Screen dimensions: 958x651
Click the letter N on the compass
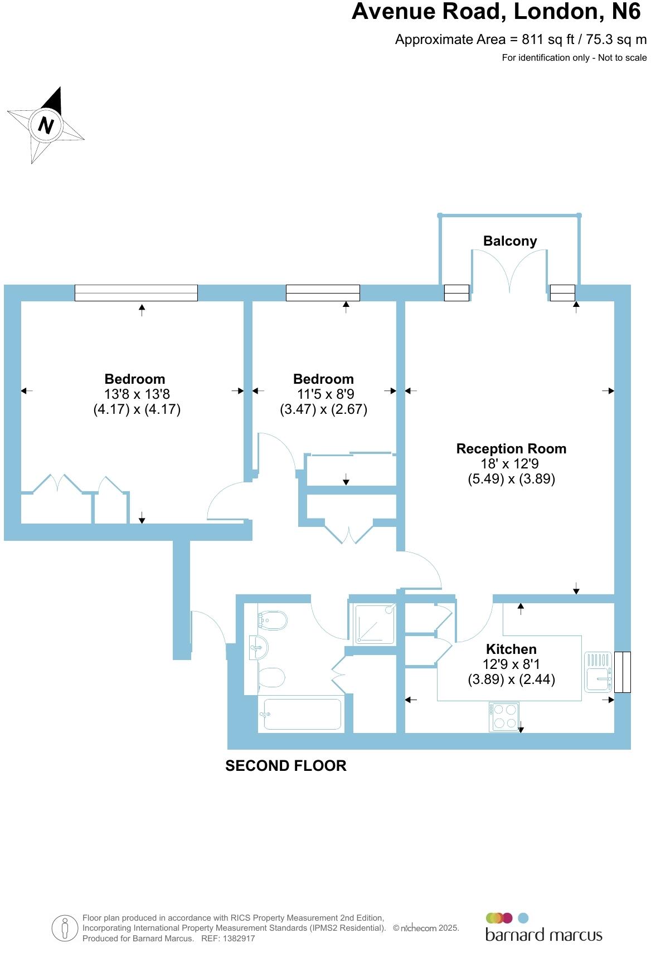pos(46,125)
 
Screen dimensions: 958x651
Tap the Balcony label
pos(509,241)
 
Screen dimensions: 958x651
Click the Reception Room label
pos(511,449)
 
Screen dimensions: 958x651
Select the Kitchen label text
pos(511,649)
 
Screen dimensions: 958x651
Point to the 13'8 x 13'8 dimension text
pos(137,394)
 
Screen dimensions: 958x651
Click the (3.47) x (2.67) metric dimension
pos(323,409)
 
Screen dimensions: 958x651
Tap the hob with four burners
pos(504,716)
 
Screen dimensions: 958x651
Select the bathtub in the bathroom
pos(302,714)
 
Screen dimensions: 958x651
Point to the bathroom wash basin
pos(258,648)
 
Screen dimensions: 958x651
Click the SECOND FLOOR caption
pos(285,766)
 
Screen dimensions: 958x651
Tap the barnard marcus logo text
pos(543,935)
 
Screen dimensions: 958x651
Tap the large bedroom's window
pos(136,293)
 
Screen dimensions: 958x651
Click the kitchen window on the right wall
pos(622,672)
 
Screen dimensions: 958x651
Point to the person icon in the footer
pos(65,928)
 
